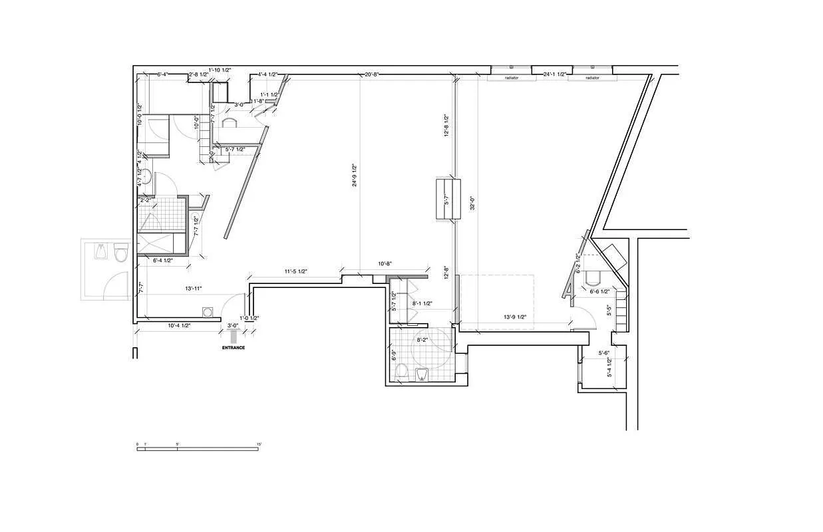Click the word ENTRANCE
234,348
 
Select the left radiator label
511,78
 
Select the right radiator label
592,78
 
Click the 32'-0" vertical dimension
471,202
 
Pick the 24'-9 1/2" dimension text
355,176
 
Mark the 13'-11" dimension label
194,289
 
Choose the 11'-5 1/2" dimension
295,271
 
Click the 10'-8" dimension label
385,264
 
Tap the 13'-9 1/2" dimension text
514,317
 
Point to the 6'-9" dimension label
394,355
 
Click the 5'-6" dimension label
605,353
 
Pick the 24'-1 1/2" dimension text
554,74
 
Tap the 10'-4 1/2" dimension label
179,325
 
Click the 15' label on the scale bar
259,444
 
